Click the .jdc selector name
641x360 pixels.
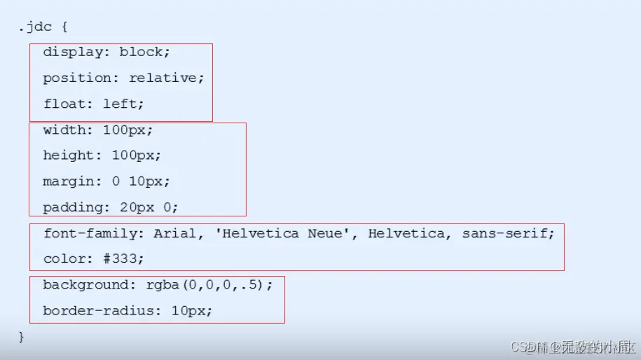[x=34, y=27]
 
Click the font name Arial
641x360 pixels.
[x=174, y=233]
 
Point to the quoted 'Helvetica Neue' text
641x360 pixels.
[x=284, y=233]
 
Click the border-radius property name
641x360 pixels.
[x=99, y=310]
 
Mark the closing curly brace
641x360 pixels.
[x=22, y=337]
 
